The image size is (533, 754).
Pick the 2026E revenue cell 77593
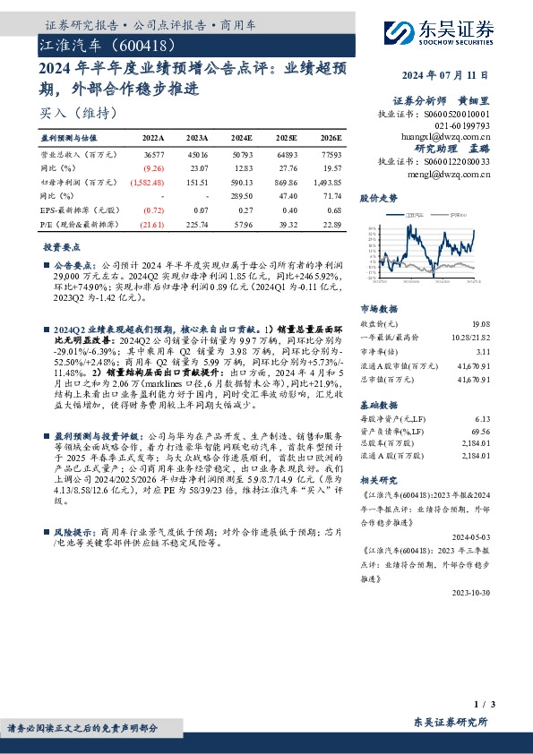pyautogui.click(x=329, y=157)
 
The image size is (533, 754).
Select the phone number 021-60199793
pyautogui.click(x=464, y=126)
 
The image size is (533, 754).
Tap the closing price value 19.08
pyautogui.click(x=481, y=323)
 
